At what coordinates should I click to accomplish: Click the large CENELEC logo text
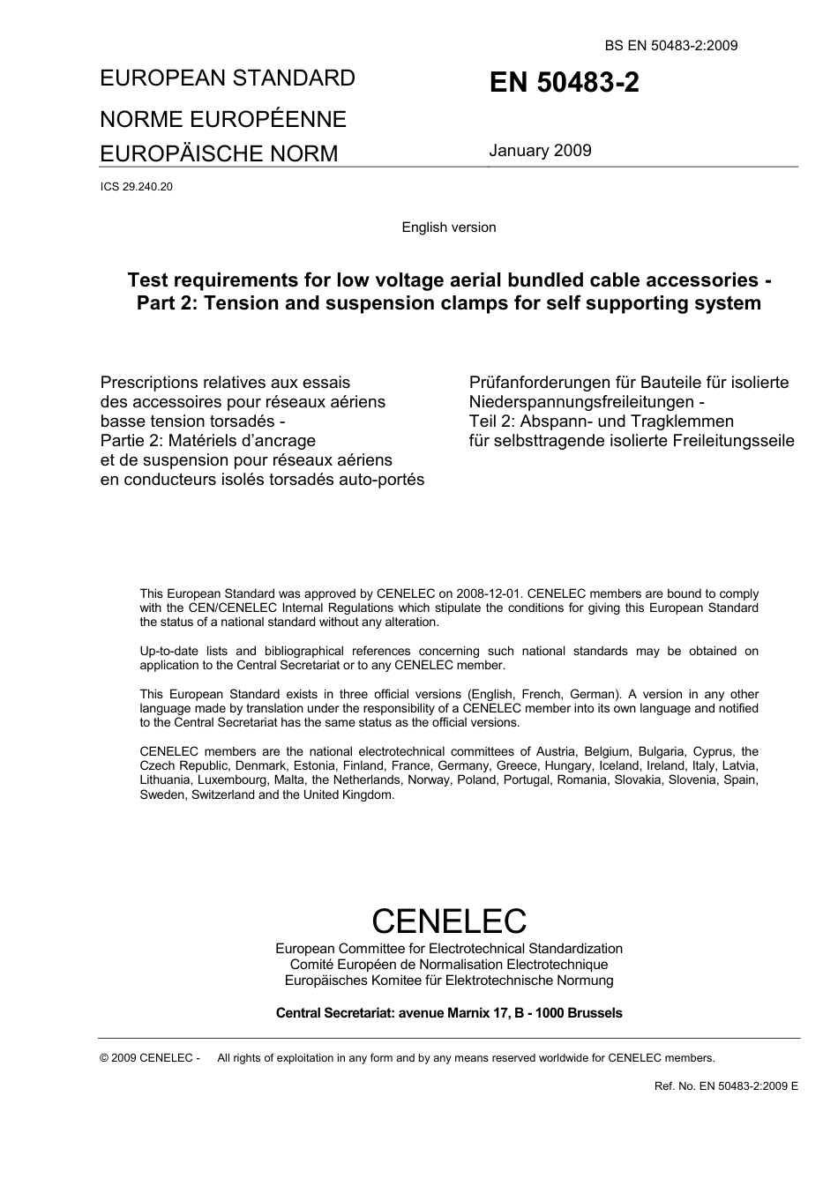(x=449, y=921)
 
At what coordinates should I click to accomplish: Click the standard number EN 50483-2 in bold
(x=565, y=83)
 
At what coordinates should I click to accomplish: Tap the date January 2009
(x=540, y=151)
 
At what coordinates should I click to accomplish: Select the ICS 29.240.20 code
(x=137, y=187)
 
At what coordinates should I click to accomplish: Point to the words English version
(x=449, y=228)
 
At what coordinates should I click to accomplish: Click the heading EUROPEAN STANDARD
(x=228, y=78)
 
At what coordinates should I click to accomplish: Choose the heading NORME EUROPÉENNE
(x=223, y=119)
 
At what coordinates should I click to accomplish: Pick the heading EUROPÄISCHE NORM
(x=219, y=153)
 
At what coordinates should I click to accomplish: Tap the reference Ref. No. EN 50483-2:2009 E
(x=726, y=1086)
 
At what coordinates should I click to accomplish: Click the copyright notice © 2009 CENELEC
(x=150, y=1058)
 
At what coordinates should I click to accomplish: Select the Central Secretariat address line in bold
(x=449, y=1013)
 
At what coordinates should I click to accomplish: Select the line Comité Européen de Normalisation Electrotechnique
(x=449, y=965)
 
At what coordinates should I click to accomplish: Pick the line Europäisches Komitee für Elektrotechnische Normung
(x=449, y=981)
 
